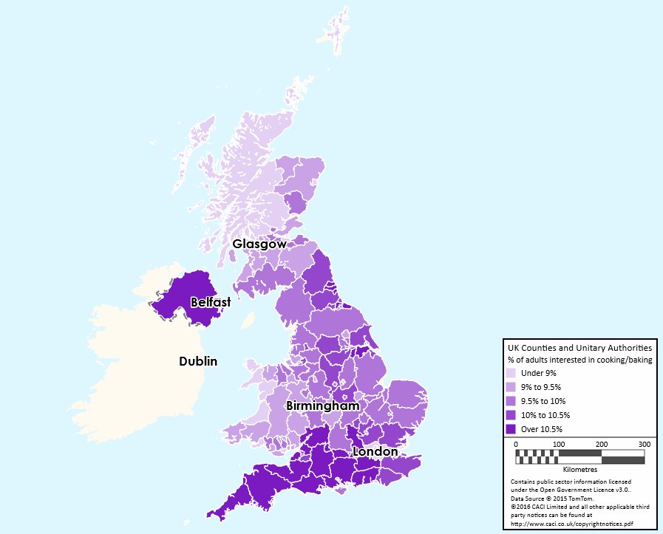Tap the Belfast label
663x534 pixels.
point(211,302)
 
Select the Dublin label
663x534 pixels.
point(198,361)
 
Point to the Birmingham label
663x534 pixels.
point(323,406)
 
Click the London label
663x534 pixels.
point(375,451)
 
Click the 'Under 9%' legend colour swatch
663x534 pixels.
point(511,373)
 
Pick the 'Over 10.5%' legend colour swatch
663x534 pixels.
point(511,428)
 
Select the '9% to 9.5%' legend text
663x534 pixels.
point(541,387)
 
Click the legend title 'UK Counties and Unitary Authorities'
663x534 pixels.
point(579,347)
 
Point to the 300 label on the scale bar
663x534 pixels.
point(644,444)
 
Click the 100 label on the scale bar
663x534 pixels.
point(559,444)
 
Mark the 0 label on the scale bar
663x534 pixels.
point(516,444)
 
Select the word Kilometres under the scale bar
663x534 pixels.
point(579,469)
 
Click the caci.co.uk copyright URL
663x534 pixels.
point(572,524)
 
